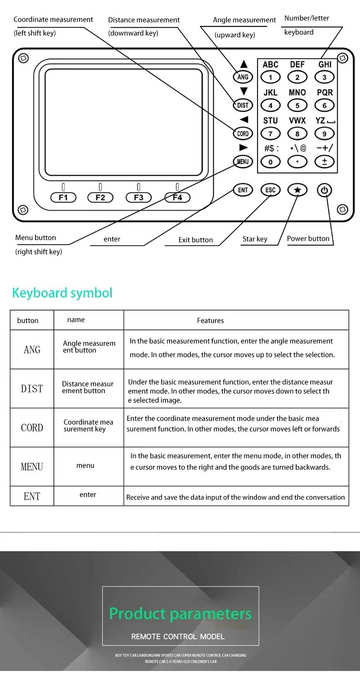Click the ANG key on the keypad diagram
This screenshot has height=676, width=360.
[x=243, y=77]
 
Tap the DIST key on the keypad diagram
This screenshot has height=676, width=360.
[x=243, y=105]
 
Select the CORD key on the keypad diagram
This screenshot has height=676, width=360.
[x=243, y=133]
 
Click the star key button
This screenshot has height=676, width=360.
[x=297, y=190]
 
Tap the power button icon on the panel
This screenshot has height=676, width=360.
[x=324, y=190]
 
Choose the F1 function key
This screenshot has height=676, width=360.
[x=63, y=197]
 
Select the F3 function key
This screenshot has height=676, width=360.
[x=139, y=197]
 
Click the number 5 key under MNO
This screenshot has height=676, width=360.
[x=298, y=106]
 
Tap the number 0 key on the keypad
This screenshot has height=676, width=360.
[x=271, y=162]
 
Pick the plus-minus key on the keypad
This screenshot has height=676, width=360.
[x=324, y=162]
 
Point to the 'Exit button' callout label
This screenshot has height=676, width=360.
[x=195, y=240]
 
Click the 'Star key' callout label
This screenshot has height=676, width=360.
[x=255, y=239]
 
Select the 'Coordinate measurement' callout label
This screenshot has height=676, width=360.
[x=53, y=20]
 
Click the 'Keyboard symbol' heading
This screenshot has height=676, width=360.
[x=62, y=292]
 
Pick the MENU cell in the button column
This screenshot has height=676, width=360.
[x=32, y=467]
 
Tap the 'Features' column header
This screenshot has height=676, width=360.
[x=211, y=321]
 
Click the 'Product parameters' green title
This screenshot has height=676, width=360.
[x=180, y=614]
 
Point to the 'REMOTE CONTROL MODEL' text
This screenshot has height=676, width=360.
[x=178, y=636]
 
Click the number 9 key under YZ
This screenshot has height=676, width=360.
[x=324, y=134]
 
